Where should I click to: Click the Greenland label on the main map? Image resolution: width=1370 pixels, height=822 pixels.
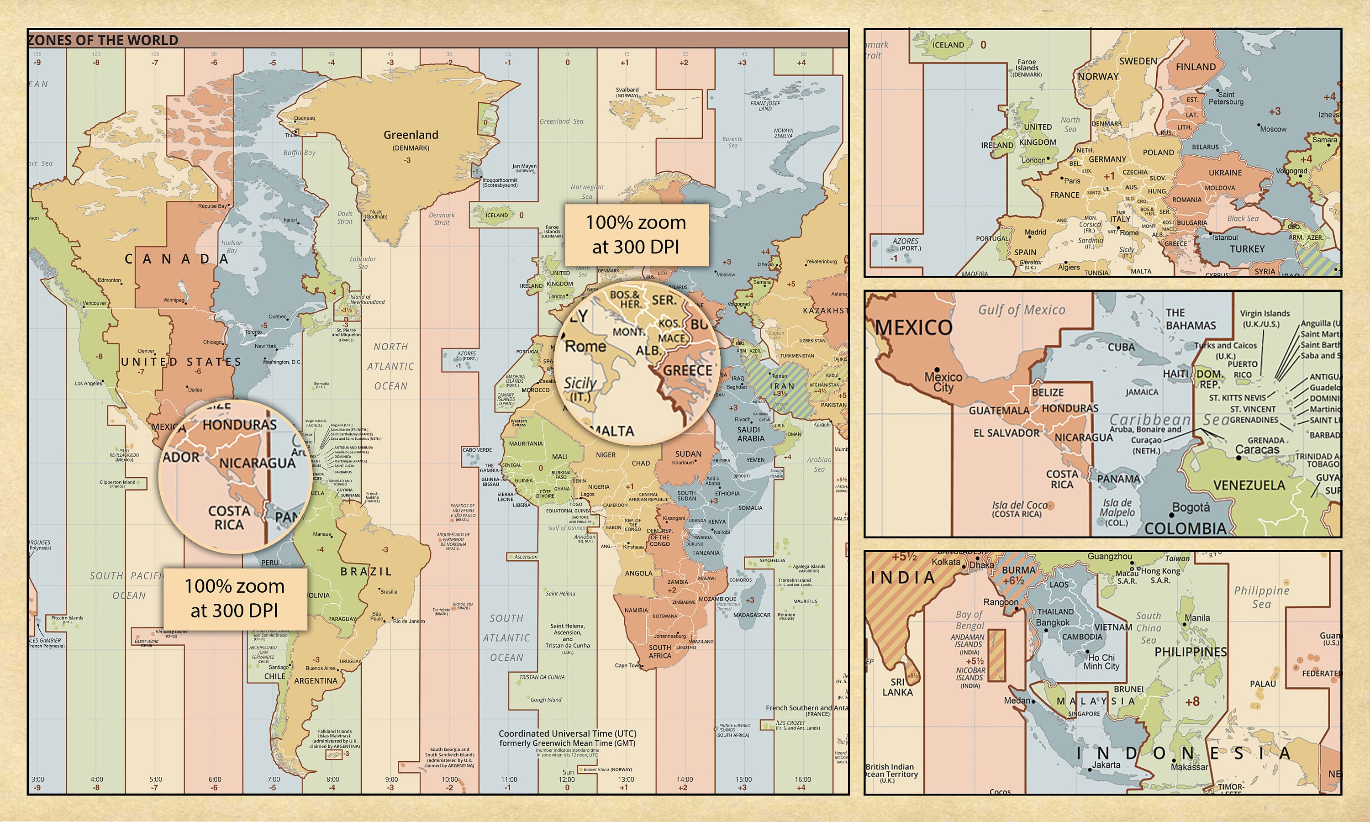point(411,135)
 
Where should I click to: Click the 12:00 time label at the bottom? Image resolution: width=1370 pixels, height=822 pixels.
point(567,780)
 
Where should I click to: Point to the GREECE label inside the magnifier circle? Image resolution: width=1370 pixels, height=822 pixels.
point(687,370)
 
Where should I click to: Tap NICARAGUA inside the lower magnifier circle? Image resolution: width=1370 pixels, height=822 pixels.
point(257,463)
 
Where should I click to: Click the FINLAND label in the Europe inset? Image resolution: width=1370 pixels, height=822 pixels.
point(1196,67)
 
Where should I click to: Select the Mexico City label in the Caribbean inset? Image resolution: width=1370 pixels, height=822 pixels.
point(943,382)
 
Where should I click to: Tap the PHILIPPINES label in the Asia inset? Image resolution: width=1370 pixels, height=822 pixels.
point(1190,652)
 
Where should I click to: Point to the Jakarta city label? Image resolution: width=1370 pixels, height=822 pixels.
point(1106,765)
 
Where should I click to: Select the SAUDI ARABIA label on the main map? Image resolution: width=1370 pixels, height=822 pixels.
point(750,434)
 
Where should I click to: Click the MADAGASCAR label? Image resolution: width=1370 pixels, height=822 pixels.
point(752,615)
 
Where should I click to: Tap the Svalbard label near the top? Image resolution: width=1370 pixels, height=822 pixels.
point(627,89)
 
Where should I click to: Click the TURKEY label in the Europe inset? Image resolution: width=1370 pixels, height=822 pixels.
point(1247,249)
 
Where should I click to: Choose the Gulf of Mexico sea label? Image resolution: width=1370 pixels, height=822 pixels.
point(1021,310)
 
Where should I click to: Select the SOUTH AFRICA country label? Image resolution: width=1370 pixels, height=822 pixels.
point(659,651)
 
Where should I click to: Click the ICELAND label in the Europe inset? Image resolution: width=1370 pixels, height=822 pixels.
point(948,45)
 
